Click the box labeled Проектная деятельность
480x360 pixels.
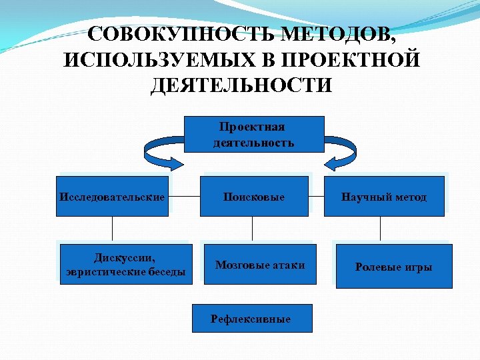point(253,134)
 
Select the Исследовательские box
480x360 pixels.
point(112,197)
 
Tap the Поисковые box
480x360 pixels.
point(254,197)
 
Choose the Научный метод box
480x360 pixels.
point(383,197)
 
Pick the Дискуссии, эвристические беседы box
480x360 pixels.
point(125,265)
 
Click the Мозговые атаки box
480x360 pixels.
point(260,265)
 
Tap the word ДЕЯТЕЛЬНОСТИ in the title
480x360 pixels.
point(241,86)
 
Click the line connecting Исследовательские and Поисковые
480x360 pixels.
point(184,197)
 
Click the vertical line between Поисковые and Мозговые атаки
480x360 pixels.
point(252,228)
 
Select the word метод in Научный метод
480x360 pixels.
point(409,197)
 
